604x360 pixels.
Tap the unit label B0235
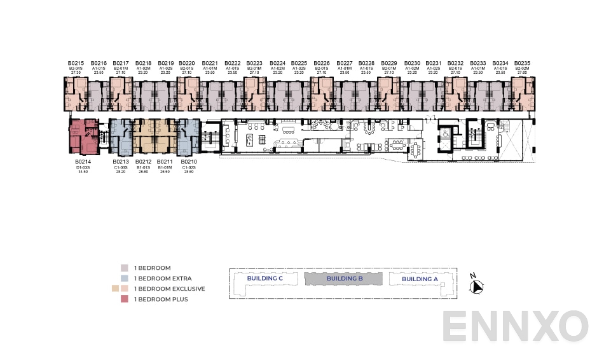click(x=523, y=63)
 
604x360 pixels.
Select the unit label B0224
click(x=277, y=63)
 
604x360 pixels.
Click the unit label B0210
click(x=189, y=162)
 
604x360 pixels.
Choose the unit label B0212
click(x=143, y=162)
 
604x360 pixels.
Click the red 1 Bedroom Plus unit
click(x=83, y=136)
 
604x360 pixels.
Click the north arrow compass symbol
click(x=476, y=287)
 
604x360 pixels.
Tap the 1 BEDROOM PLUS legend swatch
click(x=124, y=299)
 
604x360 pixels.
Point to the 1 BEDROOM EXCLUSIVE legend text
click(x=169, y=289)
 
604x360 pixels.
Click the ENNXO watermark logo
click(x=515, y=327)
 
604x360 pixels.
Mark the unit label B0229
click(x=389, y=63)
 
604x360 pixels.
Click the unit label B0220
click(x=187, y=63)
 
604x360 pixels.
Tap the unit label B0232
click(x=456, y=63)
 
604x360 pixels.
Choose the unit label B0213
click(x=121, y=162)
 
